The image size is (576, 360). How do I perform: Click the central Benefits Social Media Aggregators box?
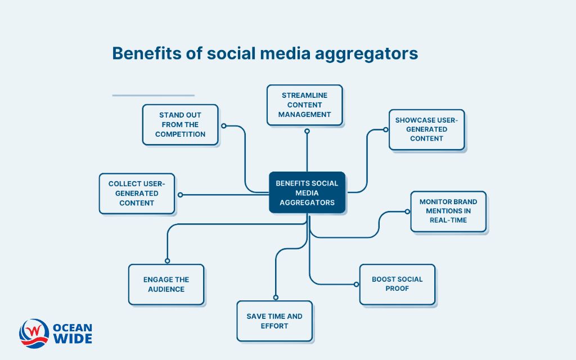[x=307, y=192]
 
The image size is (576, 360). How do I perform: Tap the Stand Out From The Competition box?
[x=180, y=124]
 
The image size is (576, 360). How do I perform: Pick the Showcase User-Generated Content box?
[x=426, y=129]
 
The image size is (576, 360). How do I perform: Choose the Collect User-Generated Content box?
[x=137, y=193]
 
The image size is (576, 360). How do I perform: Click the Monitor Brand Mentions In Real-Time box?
[x=448, y=211]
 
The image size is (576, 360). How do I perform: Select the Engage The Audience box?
[x=166, y=285]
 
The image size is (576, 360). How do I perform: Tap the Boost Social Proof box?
[x=397, y=284]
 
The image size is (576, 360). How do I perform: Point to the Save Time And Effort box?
[x=274, y=321]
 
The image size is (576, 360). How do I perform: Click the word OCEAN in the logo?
[x=72, y=327]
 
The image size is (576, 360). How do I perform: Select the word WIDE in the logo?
[x=72, y=339]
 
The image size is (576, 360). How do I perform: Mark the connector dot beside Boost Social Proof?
[x=356, y=284]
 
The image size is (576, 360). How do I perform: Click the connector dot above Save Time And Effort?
[x=275, y=298]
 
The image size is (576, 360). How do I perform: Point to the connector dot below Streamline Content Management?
[x=307, y=131]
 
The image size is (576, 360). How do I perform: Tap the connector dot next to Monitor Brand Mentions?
[x=407, y=211]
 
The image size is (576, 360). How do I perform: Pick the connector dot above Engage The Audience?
[x=167, y=260]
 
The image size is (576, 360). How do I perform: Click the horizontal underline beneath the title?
[x=153, y=96]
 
